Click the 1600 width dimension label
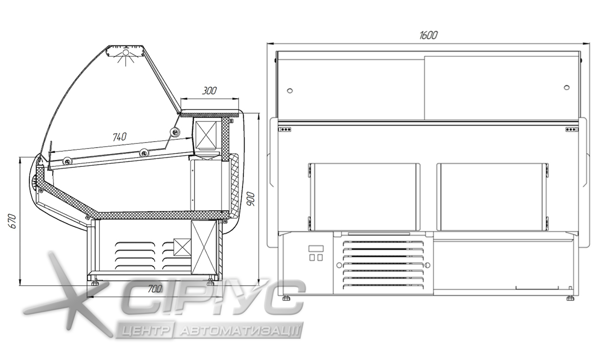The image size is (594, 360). coord(428,35)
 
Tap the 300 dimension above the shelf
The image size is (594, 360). coord(209,91)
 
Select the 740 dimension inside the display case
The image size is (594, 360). coord(120,137)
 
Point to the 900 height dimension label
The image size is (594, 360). coord(250,199)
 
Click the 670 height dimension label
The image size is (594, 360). coord(13,221)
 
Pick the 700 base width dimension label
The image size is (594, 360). coord(155,289)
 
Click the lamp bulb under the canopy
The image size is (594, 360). coord(126,52)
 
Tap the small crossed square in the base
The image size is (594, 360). coord(182,247)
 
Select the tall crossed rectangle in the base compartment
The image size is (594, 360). coord(204,247)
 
